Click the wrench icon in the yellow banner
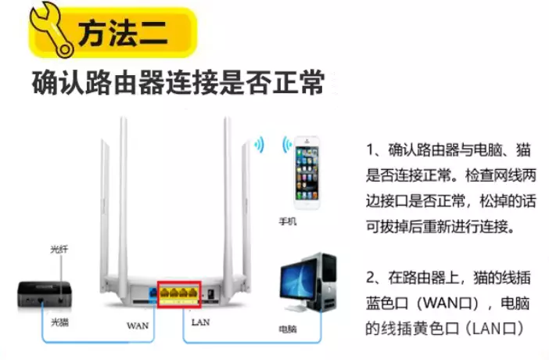52,30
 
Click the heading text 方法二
123,33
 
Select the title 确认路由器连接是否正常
178,83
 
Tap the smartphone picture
307,172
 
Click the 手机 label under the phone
288,221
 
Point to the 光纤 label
59,249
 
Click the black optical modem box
45,293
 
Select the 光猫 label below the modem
59,322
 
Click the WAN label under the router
138,326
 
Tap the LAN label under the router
201,322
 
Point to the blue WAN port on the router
152,293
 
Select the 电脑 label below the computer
288,329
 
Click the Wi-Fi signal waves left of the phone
287,145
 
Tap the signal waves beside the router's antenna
260,145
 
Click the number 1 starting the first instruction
370,149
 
